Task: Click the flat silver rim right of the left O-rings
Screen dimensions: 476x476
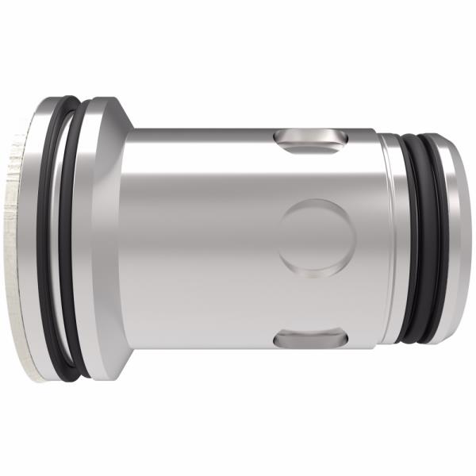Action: tap(99, 238)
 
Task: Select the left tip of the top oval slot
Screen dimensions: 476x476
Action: tap(278, 140)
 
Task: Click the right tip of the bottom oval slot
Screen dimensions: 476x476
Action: tap(344, 339)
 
